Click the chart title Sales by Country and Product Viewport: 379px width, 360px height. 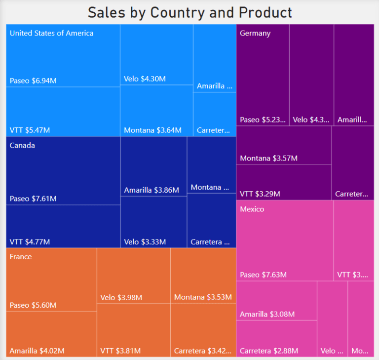[x=189, y=12]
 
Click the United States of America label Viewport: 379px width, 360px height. [x=51, y=33]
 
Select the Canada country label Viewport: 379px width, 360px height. [x=22, y=146]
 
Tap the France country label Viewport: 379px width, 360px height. [x=21, y=257]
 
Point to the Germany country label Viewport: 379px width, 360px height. [x=255, y=33]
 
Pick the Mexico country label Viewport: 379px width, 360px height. [x=252, y=209]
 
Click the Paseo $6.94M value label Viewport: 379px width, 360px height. [x=33, y=80]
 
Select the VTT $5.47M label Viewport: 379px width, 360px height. [x=30, y=130]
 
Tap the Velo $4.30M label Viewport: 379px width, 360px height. [x=145, y=79]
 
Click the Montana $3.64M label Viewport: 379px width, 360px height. [x=152, y=130]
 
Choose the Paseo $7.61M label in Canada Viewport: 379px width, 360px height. [x=33, y=199]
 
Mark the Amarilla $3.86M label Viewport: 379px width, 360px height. [x=152, y=190]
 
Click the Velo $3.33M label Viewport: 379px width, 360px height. [x=145, y=242]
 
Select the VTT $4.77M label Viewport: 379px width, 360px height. [x=30, y=242]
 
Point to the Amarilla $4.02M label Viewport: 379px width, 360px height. [x=37, y=351]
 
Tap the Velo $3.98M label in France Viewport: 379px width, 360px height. [x=121, y=297]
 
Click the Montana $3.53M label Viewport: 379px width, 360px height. [x=203, y=297]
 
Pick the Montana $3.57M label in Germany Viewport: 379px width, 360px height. [x=269, y=158]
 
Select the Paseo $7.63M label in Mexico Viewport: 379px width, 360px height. [x=263, y=275]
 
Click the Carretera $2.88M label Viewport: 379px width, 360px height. [x=269, y=351]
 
